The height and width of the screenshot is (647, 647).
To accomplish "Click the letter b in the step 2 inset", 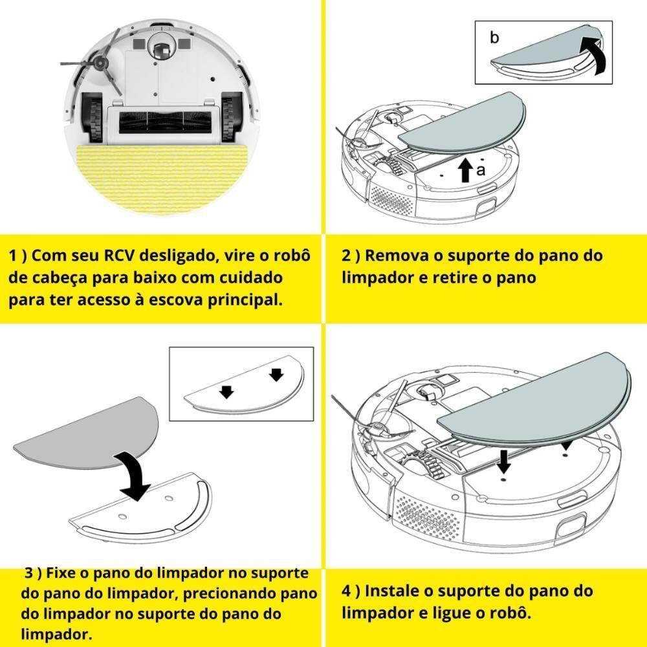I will pyautogui.click(x=494, y=38).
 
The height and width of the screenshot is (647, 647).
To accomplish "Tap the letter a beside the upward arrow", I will pyautogui.click(x=480, y=170).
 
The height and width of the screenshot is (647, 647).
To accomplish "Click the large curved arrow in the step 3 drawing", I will pyautogui.click(x=136, y=476).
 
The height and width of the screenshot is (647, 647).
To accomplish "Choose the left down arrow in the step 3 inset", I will pyautogui.click(x=226, y=391).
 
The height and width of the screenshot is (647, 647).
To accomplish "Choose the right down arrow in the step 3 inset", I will pyautogui.click(x=276, y=375).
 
